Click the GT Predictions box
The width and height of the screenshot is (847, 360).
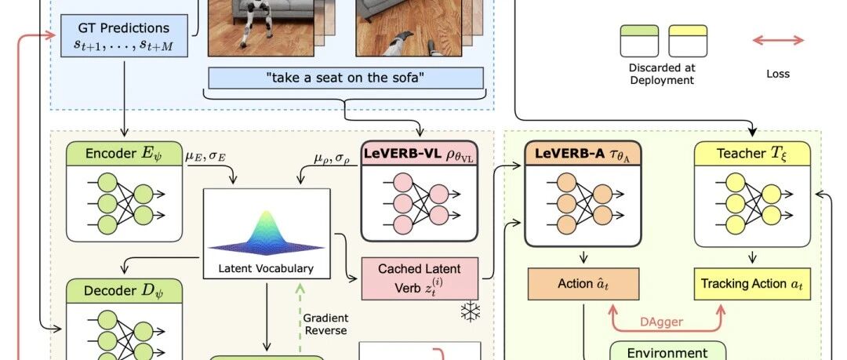tap(124, 35)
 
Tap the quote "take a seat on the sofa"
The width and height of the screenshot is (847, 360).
tap(346, 78)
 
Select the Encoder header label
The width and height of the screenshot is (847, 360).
tap(124, 154)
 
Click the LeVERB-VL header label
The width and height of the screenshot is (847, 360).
tap(419, 154)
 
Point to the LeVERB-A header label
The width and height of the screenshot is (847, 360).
tap(582, 154)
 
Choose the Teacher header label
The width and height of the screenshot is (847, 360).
tap(752, 154)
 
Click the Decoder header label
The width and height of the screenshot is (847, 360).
tap(124, 291)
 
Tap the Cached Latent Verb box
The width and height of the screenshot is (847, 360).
tap(420, 278)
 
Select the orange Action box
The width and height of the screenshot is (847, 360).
tap(583, 284)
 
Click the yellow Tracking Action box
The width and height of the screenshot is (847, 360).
tap(752, 284)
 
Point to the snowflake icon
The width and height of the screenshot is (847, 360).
tap(470, 312)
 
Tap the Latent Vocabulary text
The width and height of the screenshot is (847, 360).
tap(266, 269)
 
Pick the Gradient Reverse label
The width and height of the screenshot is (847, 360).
tap(325, 325)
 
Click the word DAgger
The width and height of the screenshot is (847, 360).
tap(661, 322)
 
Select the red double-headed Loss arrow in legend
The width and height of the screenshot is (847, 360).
tap(778, 40)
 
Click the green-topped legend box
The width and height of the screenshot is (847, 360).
tap(639, 41)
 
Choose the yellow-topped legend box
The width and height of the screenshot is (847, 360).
tap(688, 41)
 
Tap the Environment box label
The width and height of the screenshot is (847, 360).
tap(667, 353)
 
